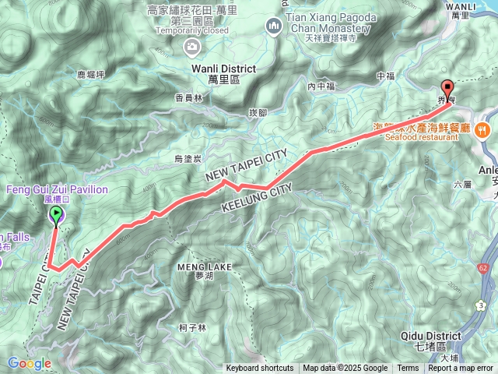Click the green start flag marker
click(x=56, y=217)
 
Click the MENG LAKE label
click(x=205, y=267)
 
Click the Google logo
click(x=30, y=363)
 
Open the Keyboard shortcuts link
click(x=260, y=369)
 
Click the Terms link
click(x=408, y=369)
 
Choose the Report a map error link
click(x=461, y=369)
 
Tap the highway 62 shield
click(x=484, y=268)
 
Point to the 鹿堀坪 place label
click(x=91, y=76)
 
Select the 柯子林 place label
click(x=191, y=328)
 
